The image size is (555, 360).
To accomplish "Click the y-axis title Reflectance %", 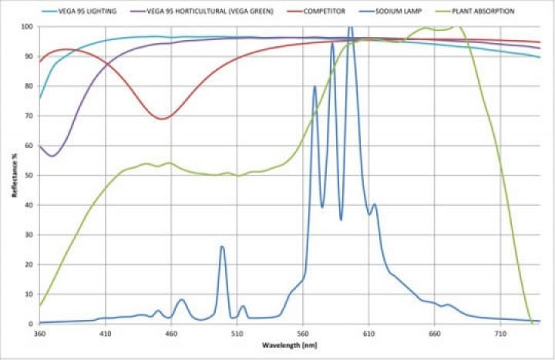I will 15,175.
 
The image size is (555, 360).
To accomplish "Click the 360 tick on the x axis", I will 40,334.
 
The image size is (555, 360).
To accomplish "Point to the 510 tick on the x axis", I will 237,334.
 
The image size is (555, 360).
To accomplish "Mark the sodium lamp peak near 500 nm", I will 222,247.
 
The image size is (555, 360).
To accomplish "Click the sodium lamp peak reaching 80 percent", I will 314,86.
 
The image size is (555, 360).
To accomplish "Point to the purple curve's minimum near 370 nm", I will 52,156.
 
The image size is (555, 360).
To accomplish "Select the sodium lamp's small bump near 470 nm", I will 182,300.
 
